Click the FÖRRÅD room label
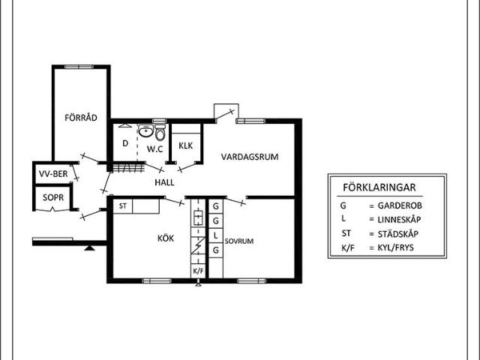tap(81, 118)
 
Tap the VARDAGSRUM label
tap(250, 157)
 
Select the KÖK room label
tap(166, 238)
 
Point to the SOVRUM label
tap(239, 241)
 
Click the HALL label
tap(164, 182)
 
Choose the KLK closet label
tap(186, 145)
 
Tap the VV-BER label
tap(53, 174)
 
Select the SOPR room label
tap(53, 197)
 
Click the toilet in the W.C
tap(160, 132)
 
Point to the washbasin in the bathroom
tap(145, 131)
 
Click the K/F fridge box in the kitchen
tap(198, 271)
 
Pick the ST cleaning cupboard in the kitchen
tap(123, 206)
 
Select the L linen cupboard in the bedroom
tap(216, 235)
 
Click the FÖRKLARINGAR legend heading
tap(379, 187)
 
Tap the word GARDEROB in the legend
tap(400, 205)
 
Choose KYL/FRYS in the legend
tap(395, 247)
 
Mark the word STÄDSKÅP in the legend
tap(398, 234)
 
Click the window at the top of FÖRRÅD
tap(79, 67)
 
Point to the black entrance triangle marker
tap(90, 247)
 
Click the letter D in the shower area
tap(125, 143)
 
